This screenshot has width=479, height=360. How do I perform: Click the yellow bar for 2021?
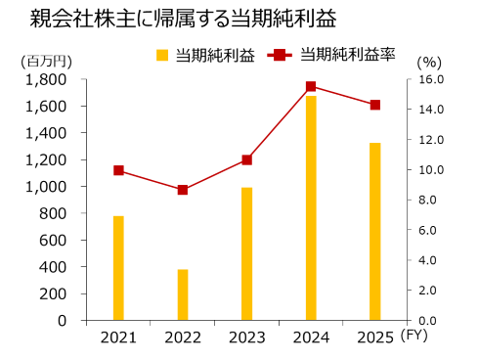[118, 268]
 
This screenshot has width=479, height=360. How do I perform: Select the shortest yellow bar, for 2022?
[183, 294]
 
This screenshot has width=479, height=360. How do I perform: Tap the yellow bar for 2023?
[247, 253]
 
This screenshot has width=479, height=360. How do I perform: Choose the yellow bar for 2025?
[375, 232]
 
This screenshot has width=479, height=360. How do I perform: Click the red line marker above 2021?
[118, 170]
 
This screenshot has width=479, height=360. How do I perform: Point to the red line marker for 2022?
[183, 190]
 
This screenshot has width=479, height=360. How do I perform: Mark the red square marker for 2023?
[247, 159]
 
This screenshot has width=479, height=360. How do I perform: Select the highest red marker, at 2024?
[311, 86]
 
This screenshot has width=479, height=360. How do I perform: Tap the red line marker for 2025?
[375, 105]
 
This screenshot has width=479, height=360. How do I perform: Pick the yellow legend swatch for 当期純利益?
[162, 56]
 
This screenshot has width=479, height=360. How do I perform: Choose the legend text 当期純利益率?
[348, 56]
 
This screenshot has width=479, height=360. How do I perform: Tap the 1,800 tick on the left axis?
[46, 79]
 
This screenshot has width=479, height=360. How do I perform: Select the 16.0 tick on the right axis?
[431, 79]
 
